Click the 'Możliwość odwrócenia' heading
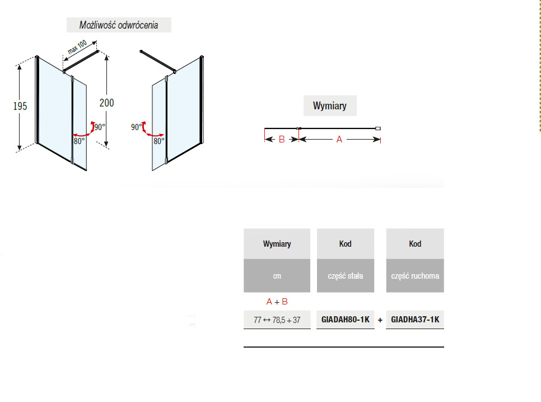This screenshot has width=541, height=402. (x=119, y=25)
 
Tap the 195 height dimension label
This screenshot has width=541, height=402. (x=20, y=106)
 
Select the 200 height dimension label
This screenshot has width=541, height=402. (x=106, y=103)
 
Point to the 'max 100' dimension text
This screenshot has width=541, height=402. (x=77, y=47)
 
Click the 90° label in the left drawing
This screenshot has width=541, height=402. (x=100, y=127)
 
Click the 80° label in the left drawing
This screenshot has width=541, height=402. (x=79, y=141)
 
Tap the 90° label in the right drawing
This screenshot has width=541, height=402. (x=136, y=127)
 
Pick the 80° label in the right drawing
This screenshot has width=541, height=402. (x=159, y=141)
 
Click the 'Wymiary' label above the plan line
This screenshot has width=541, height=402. (x=330, y=105)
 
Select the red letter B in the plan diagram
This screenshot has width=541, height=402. (x=282, y=140)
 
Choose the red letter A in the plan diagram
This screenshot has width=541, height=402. (x=339, y=140)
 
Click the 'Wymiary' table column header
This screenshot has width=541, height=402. (x=277, y=244)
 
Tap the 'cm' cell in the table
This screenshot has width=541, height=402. (x=277, y=276)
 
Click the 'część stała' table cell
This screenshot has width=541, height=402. (x=346, y=276)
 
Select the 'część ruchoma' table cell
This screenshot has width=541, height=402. (x=415, y=276)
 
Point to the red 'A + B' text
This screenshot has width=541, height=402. (x=277, y=302)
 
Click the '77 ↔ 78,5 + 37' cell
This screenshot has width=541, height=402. (x=277, y=320)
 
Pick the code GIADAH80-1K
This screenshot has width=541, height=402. (x=346, y=320)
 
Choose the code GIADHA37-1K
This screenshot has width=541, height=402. (x=415, y=320)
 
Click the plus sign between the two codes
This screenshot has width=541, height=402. (x=380, y=320)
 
